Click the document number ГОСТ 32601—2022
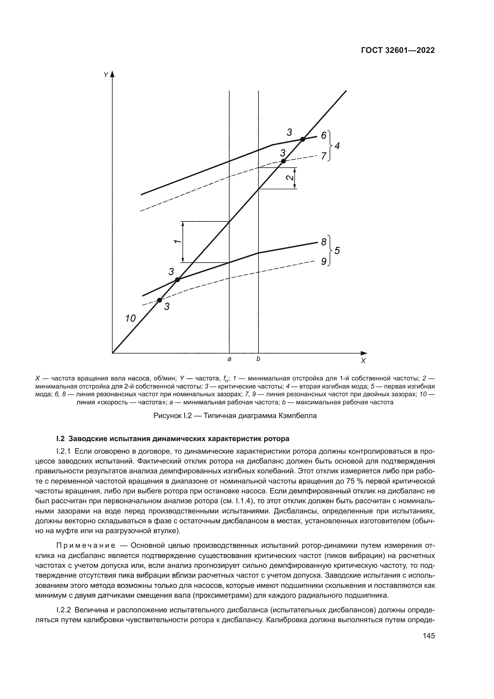tap(398, 51)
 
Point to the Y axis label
tap(105, 75)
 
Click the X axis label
tap(363, 361)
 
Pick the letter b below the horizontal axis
tap(258, 359)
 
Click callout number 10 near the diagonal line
tap(131, 319)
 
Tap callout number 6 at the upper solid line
tap(324, 135)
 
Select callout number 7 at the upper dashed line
tap(324, 156)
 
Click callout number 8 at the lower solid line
tap(324, 242)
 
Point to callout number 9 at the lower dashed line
tap(324, 261)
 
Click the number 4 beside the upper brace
tap(337, 146)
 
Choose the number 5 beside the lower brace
tap(337, 251)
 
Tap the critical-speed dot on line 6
tap(303, 140)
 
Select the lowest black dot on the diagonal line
tap(159, 300)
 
